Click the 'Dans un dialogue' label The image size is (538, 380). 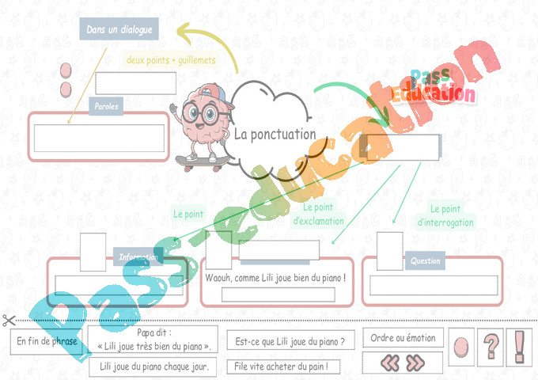(x=119, y=30)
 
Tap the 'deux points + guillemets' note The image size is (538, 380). (x=171, y=59)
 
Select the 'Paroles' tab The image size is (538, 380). (x=106, y=106)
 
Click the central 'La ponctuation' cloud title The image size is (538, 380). (x=275, y=135)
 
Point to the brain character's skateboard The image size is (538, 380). (x=202, y=161)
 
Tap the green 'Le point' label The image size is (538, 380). (x=188, y=215)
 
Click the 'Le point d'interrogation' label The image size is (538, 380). (x=445, y=215)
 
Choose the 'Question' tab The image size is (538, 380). (x=425, y=260)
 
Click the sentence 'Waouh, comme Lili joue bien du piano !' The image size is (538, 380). (x=275, y=278)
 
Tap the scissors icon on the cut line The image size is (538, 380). (x=9, y=321)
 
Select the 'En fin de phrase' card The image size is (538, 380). (x=47, y=342)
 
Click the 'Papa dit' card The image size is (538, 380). (x=153, y=340)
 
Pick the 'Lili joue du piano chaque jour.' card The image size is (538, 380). (x=153, y=367)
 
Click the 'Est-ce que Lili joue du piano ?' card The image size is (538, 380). (x=290, y=342)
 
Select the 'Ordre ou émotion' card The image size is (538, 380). (x=403, y=338)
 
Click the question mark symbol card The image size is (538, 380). (x=492, y=346)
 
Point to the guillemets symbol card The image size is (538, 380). (x=403, y=363)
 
